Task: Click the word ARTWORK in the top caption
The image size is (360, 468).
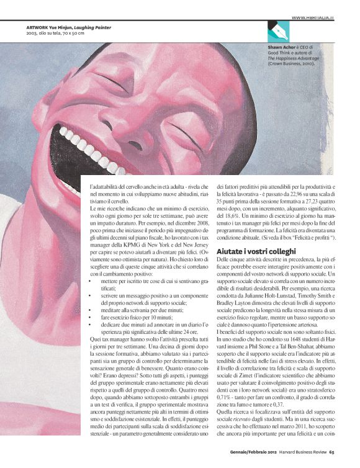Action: [x=39, y=27]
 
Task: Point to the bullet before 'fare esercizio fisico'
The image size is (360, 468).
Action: [x=93, y=317]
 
